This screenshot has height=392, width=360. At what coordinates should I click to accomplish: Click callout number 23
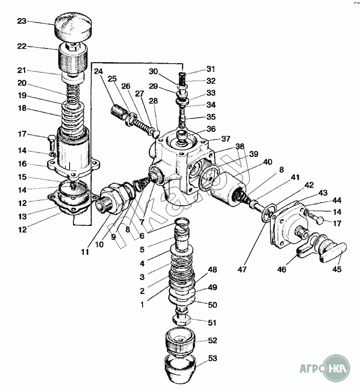(x=22, y=21)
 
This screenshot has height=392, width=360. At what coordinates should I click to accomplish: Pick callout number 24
(x=98, y=72)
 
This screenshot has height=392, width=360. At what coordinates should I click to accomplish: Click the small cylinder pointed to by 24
(x=119, y=114)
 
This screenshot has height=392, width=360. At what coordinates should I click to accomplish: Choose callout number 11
(x=85, y=253)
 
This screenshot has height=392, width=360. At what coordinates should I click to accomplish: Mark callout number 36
(x=211, y=129)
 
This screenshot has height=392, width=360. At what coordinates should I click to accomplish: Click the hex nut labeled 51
(x=183, y=320)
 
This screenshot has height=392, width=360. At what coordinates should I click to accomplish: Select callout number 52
(x=212, y=341)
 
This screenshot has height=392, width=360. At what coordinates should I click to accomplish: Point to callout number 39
(x=253, y=153)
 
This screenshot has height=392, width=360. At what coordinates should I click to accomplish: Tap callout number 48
(x=212, y=270)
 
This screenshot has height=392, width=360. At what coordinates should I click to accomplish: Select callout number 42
(x=308, y=185)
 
